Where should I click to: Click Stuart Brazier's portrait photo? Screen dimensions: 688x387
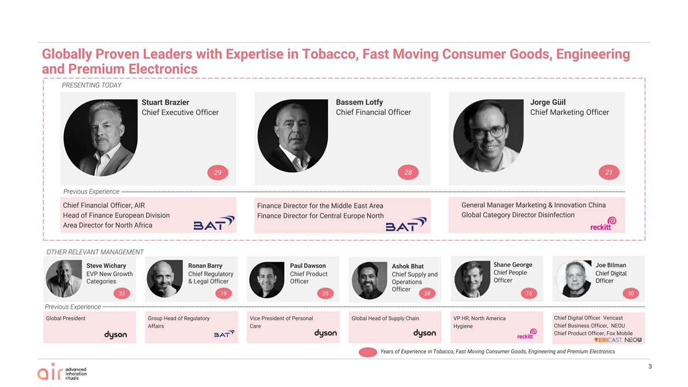tap(101, 138)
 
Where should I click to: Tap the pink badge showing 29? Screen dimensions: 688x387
tap(217, 173)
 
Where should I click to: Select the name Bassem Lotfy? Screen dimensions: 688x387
tap(360, 102)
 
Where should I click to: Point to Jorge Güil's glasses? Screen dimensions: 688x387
tap(488, 131)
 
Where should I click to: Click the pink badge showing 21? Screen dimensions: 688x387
tap(609, 173)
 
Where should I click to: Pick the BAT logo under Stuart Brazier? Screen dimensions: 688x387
tap(214, 223)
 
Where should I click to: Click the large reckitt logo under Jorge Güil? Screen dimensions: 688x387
tap(603, 223)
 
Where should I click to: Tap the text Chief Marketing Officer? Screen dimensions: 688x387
tap(569, 112)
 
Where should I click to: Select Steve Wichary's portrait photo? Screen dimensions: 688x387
tap(64, 279)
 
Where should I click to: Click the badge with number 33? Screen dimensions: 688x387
tap(122, 294)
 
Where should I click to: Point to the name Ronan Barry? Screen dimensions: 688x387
tap(205, 265)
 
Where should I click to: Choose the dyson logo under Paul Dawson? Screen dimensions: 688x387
tap(326, 333)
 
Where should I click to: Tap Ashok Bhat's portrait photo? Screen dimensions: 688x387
tap(369, 280)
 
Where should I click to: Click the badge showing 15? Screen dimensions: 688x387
tap(529, 294)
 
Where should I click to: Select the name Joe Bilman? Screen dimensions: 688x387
tap(611, 265)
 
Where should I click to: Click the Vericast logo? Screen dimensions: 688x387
tap(608, 340)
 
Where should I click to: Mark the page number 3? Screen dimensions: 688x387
tap(650, 366)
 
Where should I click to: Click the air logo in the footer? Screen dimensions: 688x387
tap(62, 371)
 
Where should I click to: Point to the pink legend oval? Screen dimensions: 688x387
tap(368, 352)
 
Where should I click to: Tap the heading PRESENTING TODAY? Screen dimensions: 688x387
tap(91, 85)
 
